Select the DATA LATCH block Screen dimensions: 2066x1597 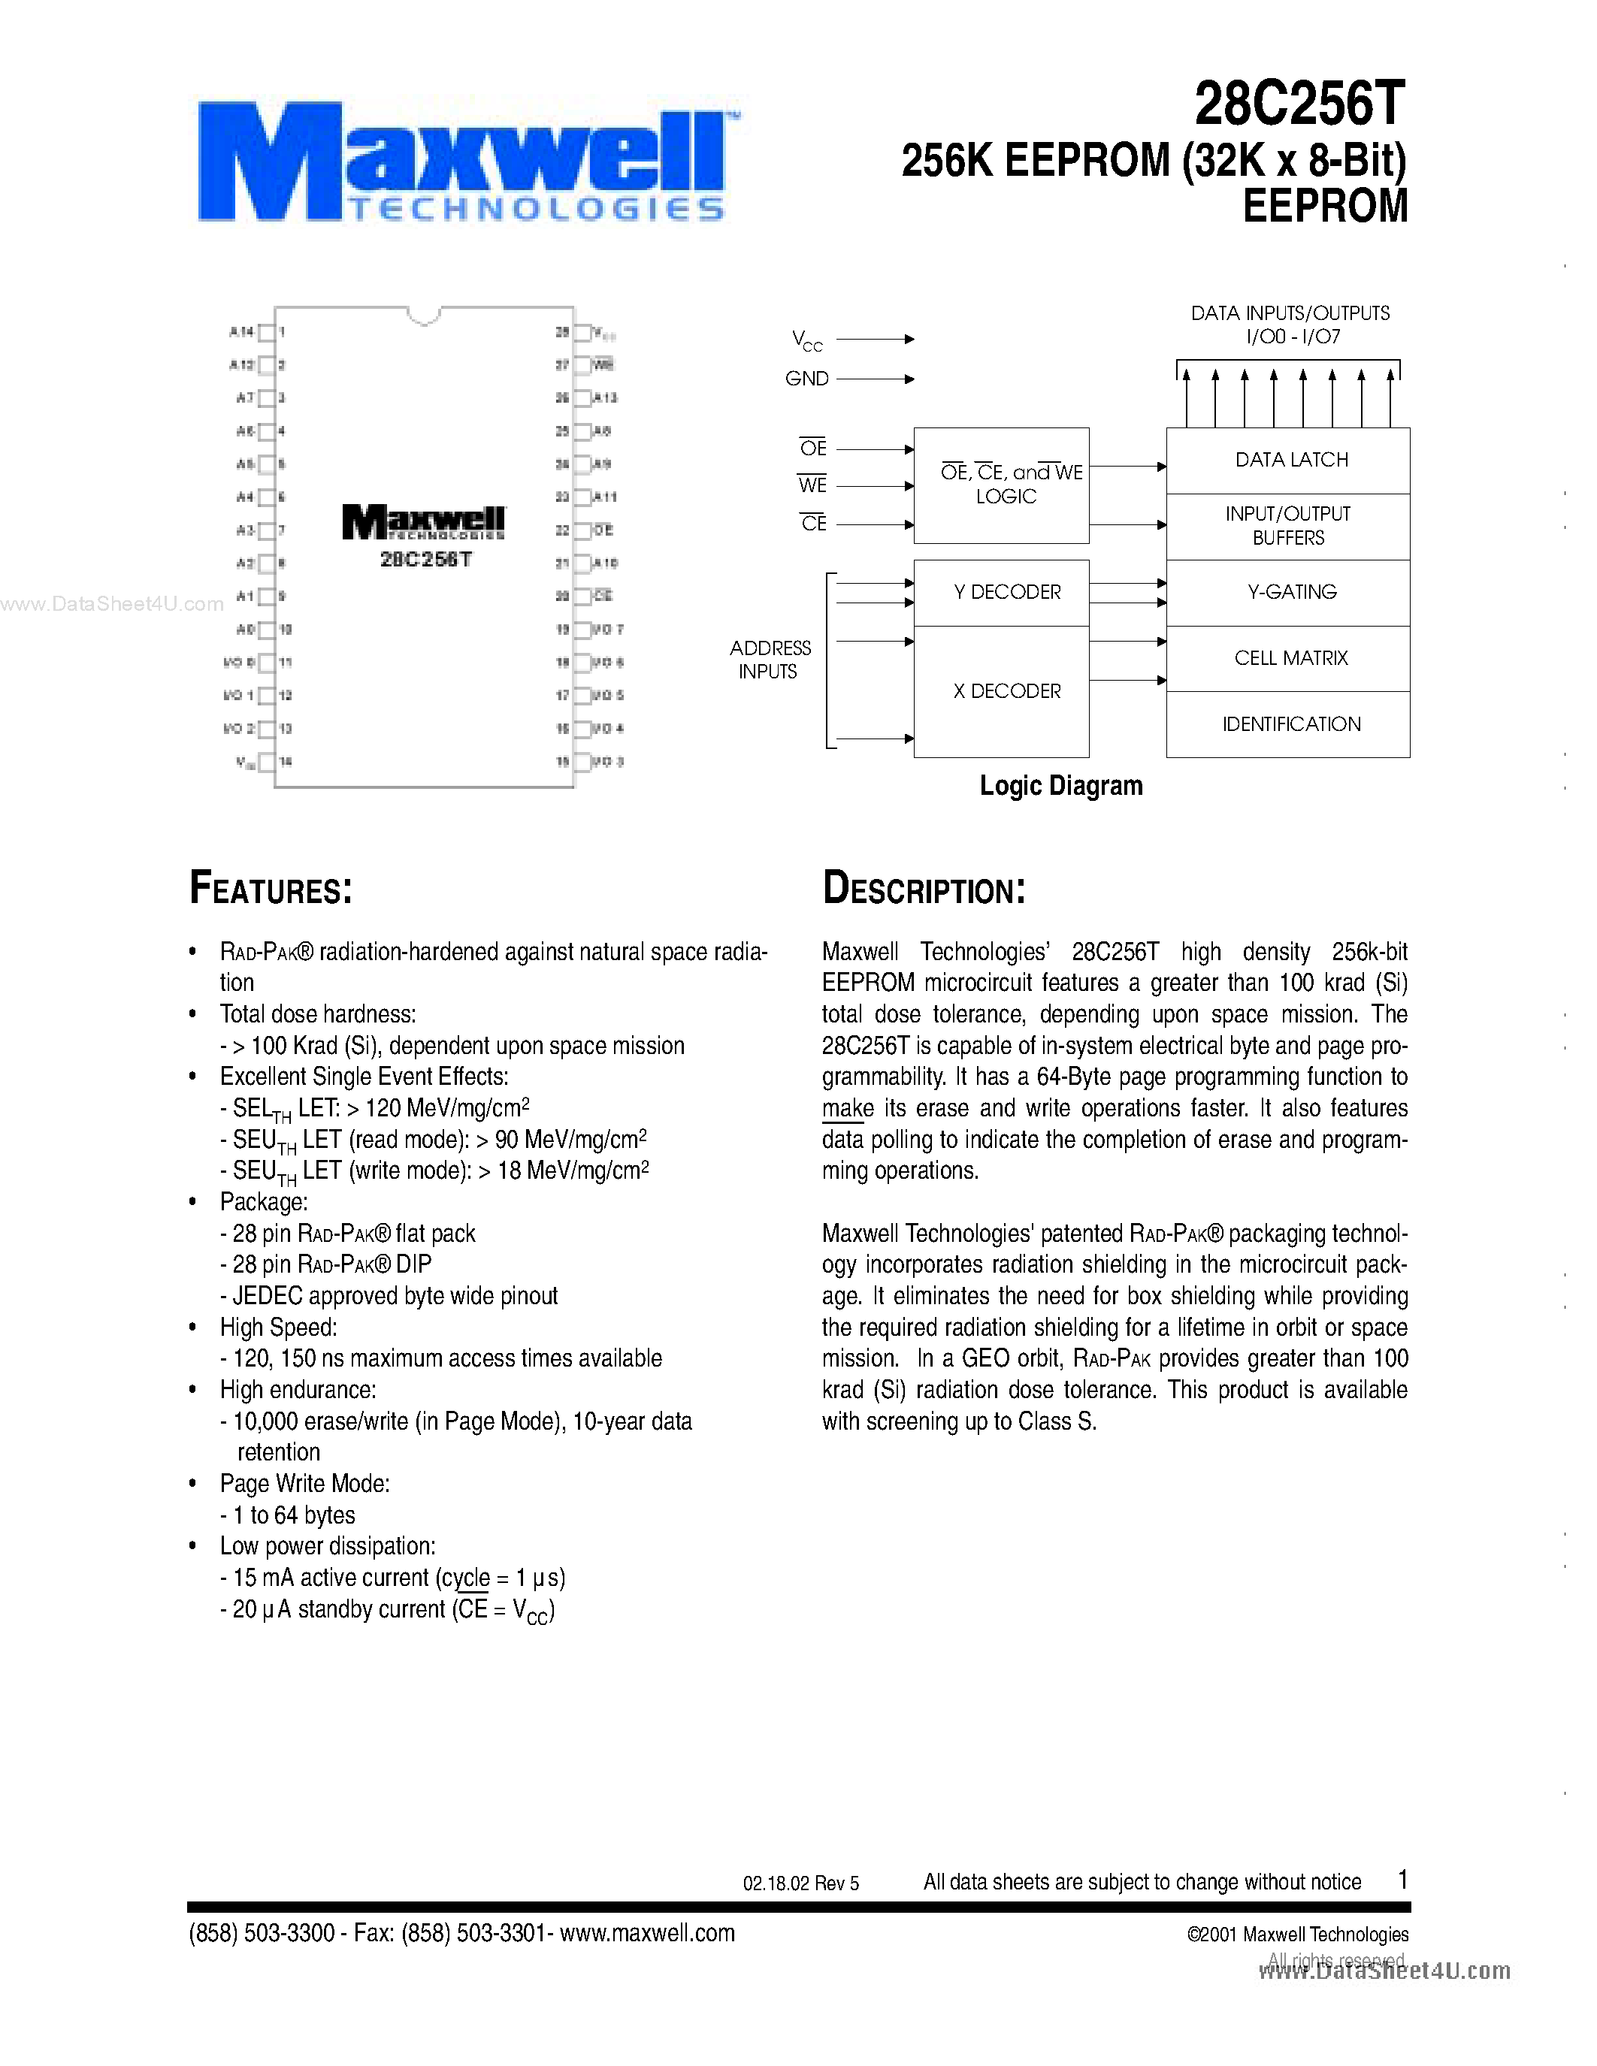tap(1290, 461)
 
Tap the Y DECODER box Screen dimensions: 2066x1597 tap(1006, 592)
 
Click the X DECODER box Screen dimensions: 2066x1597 tap(1006, 691)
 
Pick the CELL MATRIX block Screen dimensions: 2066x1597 tap(1290, 658)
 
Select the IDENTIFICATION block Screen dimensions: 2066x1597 tap(1290, 725)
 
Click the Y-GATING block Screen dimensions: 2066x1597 tap(1290, 592)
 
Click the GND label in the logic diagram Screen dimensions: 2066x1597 tap(806, 379)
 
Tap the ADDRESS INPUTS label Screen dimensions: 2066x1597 tap(769, 660)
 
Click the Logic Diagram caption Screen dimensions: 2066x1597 tap(1060, 785)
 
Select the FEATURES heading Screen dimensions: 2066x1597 tap(271, 890)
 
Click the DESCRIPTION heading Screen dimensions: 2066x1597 tap(924, 890)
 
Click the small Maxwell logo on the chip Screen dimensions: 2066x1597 tap(423, 522)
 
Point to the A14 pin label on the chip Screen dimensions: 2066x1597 tap(240, 332)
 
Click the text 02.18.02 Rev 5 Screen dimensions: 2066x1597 tap(800, 1883)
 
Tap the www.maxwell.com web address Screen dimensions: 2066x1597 tap(647, 1932)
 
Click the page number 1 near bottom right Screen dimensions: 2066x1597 tap(1403, 1879)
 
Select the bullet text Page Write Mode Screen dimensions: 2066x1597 tap(304, 1483)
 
